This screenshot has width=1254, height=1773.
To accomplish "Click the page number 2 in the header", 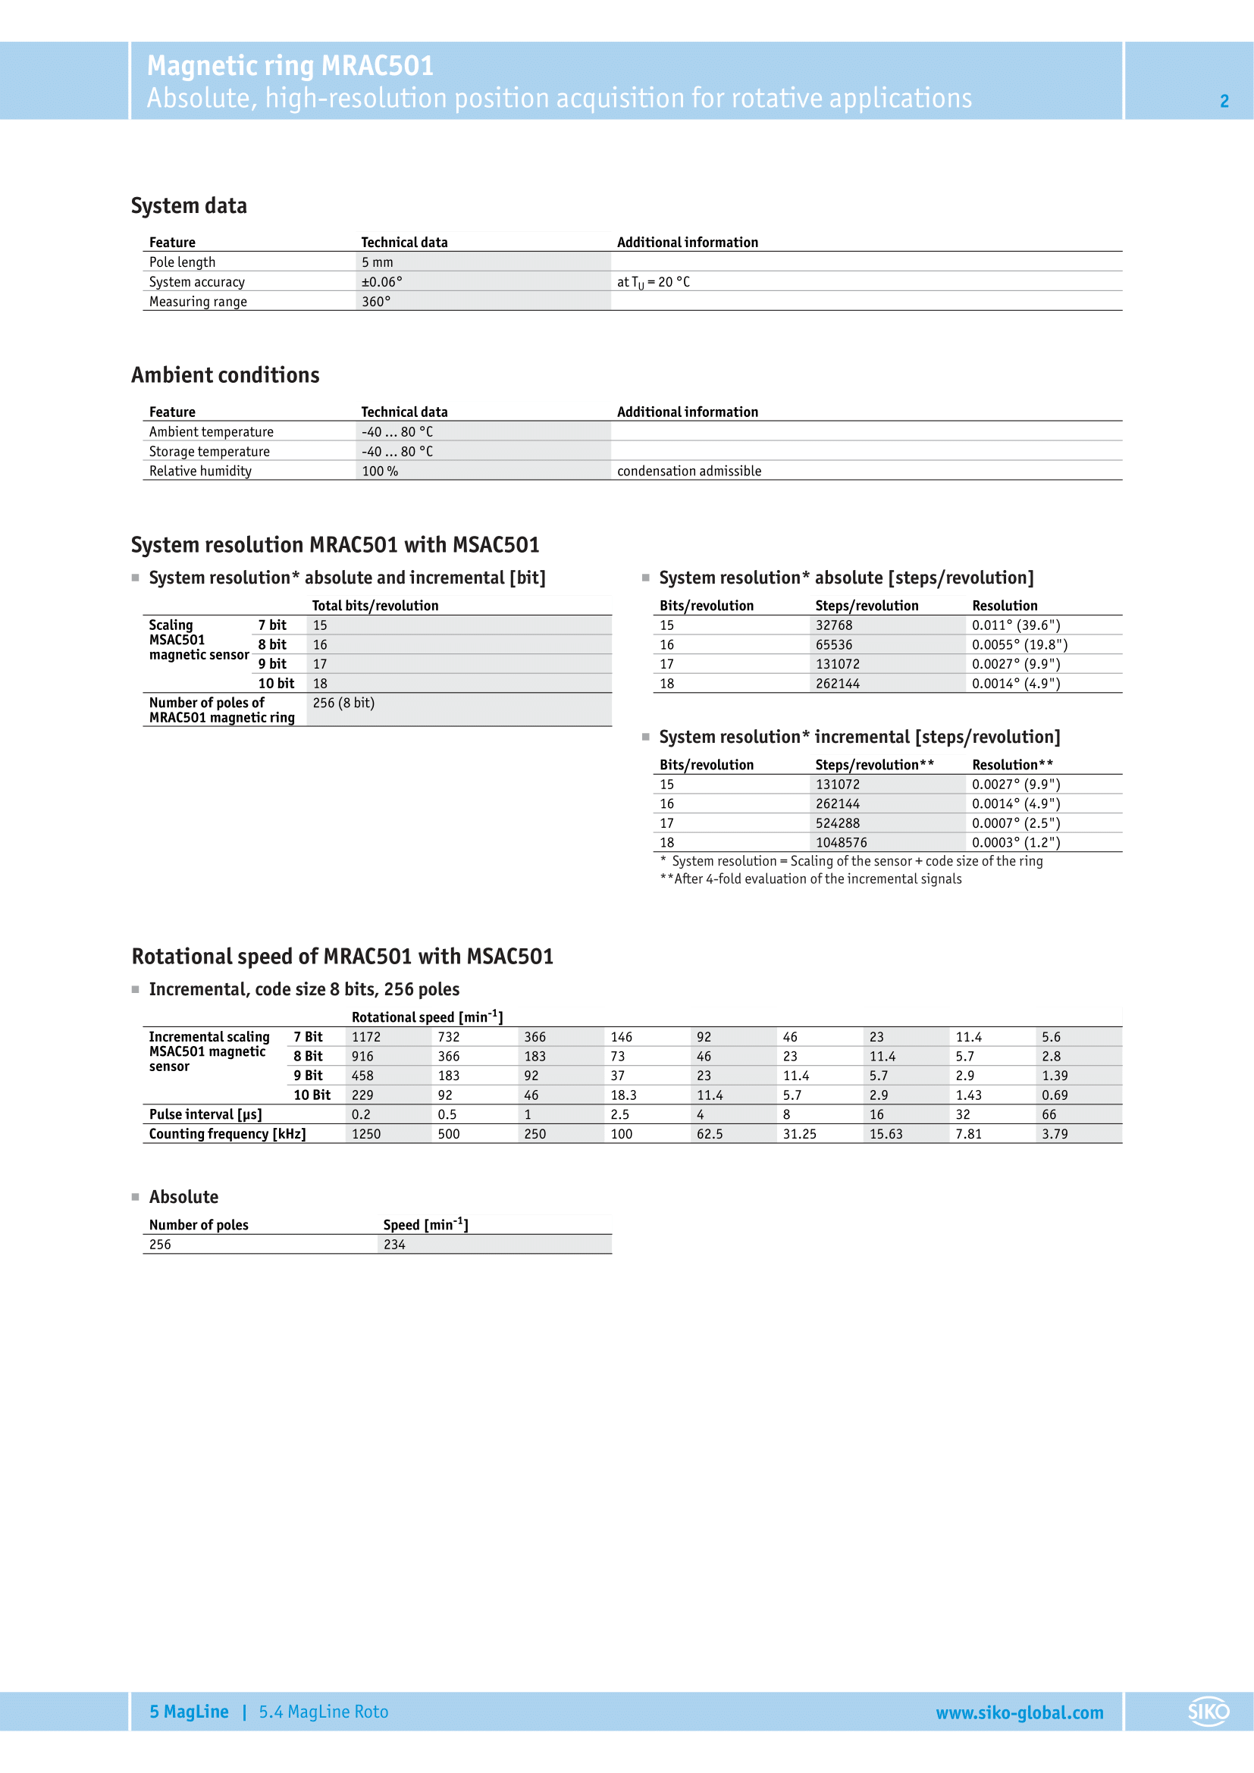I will [x=1224, y=101].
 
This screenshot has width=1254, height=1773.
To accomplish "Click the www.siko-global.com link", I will [x=1019, y=1713].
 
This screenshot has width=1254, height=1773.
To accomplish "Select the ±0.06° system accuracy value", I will [x=381, y=282].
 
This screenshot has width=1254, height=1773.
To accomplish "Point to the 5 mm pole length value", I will [x=377, y=262].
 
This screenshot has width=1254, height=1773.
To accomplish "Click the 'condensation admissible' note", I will [x=688, y=471].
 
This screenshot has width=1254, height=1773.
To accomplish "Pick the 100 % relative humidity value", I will [x=380, y=471].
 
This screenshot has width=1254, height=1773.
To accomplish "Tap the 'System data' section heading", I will [x=190, y=206].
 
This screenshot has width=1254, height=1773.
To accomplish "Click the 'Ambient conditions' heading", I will [x=224, y=375].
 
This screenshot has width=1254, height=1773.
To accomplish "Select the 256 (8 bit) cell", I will [x=343, y=703].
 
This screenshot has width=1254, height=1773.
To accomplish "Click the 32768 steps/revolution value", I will [x=834, y=625].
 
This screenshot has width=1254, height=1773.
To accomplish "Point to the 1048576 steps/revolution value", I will [x=841, y=842].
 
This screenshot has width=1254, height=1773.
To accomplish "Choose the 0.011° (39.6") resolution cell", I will [x=1015, y=625].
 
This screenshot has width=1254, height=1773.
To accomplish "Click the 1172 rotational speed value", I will [x=366, y=1037].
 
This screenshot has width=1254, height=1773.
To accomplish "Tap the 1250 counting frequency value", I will [x=366, y=1133].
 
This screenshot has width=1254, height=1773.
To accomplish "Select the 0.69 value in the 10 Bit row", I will [x=1055, y=1095].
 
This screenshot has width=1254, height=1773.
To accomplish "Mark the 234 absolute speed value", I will [x=394, y=1244].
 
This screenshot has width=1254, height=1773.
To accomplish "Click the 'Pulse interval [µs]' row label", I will [x=205, y=1114].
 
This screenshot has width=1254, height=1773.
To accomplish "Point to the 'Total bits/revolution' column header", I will [x=375, y=606].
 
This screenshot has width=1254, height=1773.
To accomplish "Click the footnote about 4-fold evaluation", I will [x=810, y=879].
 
